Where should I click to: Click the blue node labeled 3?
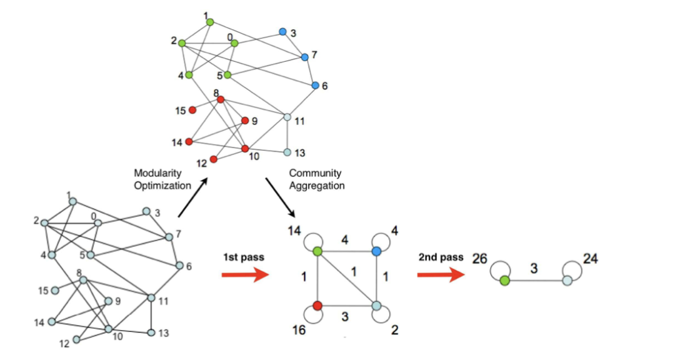[x=282, y=31]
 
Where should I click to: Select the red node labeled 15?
[x=192, y=110]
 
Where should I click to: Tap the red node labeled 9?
[x=245, y=120]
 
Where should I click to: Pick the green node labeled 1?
[x=210, y=22]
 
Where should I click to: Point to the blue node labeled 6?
[x=315, y=85]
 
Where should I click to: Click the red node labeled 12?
[x=214, y=159]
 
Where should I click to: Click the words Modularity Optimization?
[x=162, y=179]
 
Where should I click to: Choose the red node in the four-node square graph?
[x=317, y=306]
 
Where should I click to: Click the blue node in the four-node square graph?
[x=376, y=251]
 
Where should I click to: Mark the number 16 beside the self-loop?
[x=299, y=329]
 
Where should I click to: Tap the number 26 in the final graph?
[x=480, y=258]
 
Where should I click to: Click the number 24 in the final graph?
[x=590, y=258]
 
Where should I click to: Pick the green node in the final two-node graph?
[x=504, y=281]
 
